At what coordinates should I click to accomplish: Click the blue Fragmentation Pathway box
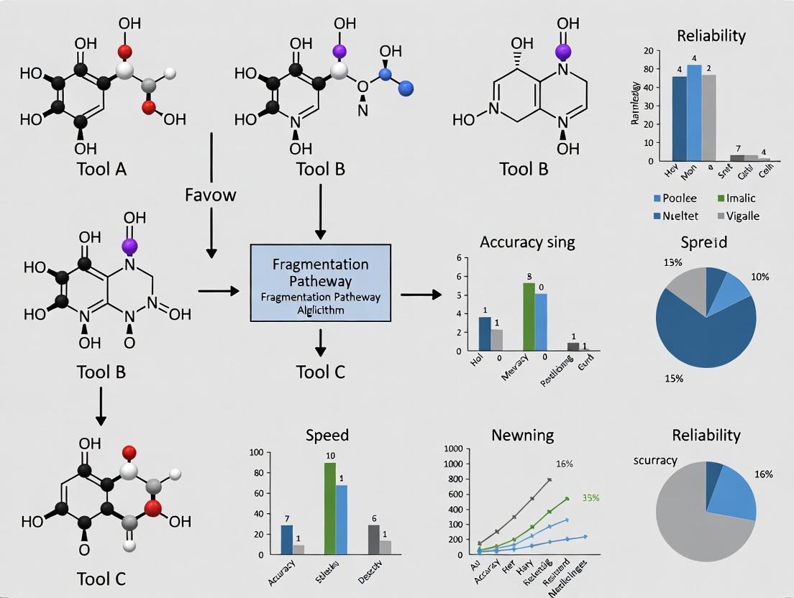click(320, 282)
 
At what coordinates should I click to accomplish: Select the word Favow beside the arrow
click(211, 194)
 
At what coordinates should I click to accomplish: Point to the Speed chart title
click(327, 435)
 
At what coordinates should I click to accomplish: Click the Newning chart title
click(522, 435)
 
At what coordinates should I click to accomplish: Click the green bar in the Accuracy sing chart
click(529, 316)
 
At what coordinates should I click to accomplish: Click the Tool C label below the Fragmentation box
click(320, 372)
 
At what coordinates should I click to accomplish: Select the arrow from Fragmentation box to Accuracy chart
click(421, 294)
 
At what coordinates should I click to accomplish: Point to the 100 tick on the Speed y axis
click(255, 452)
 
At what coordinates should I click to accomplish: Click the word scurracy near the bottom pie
click(655, 460)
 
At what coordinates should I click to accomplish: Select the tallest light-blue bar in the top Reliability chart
click(694, 111)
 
